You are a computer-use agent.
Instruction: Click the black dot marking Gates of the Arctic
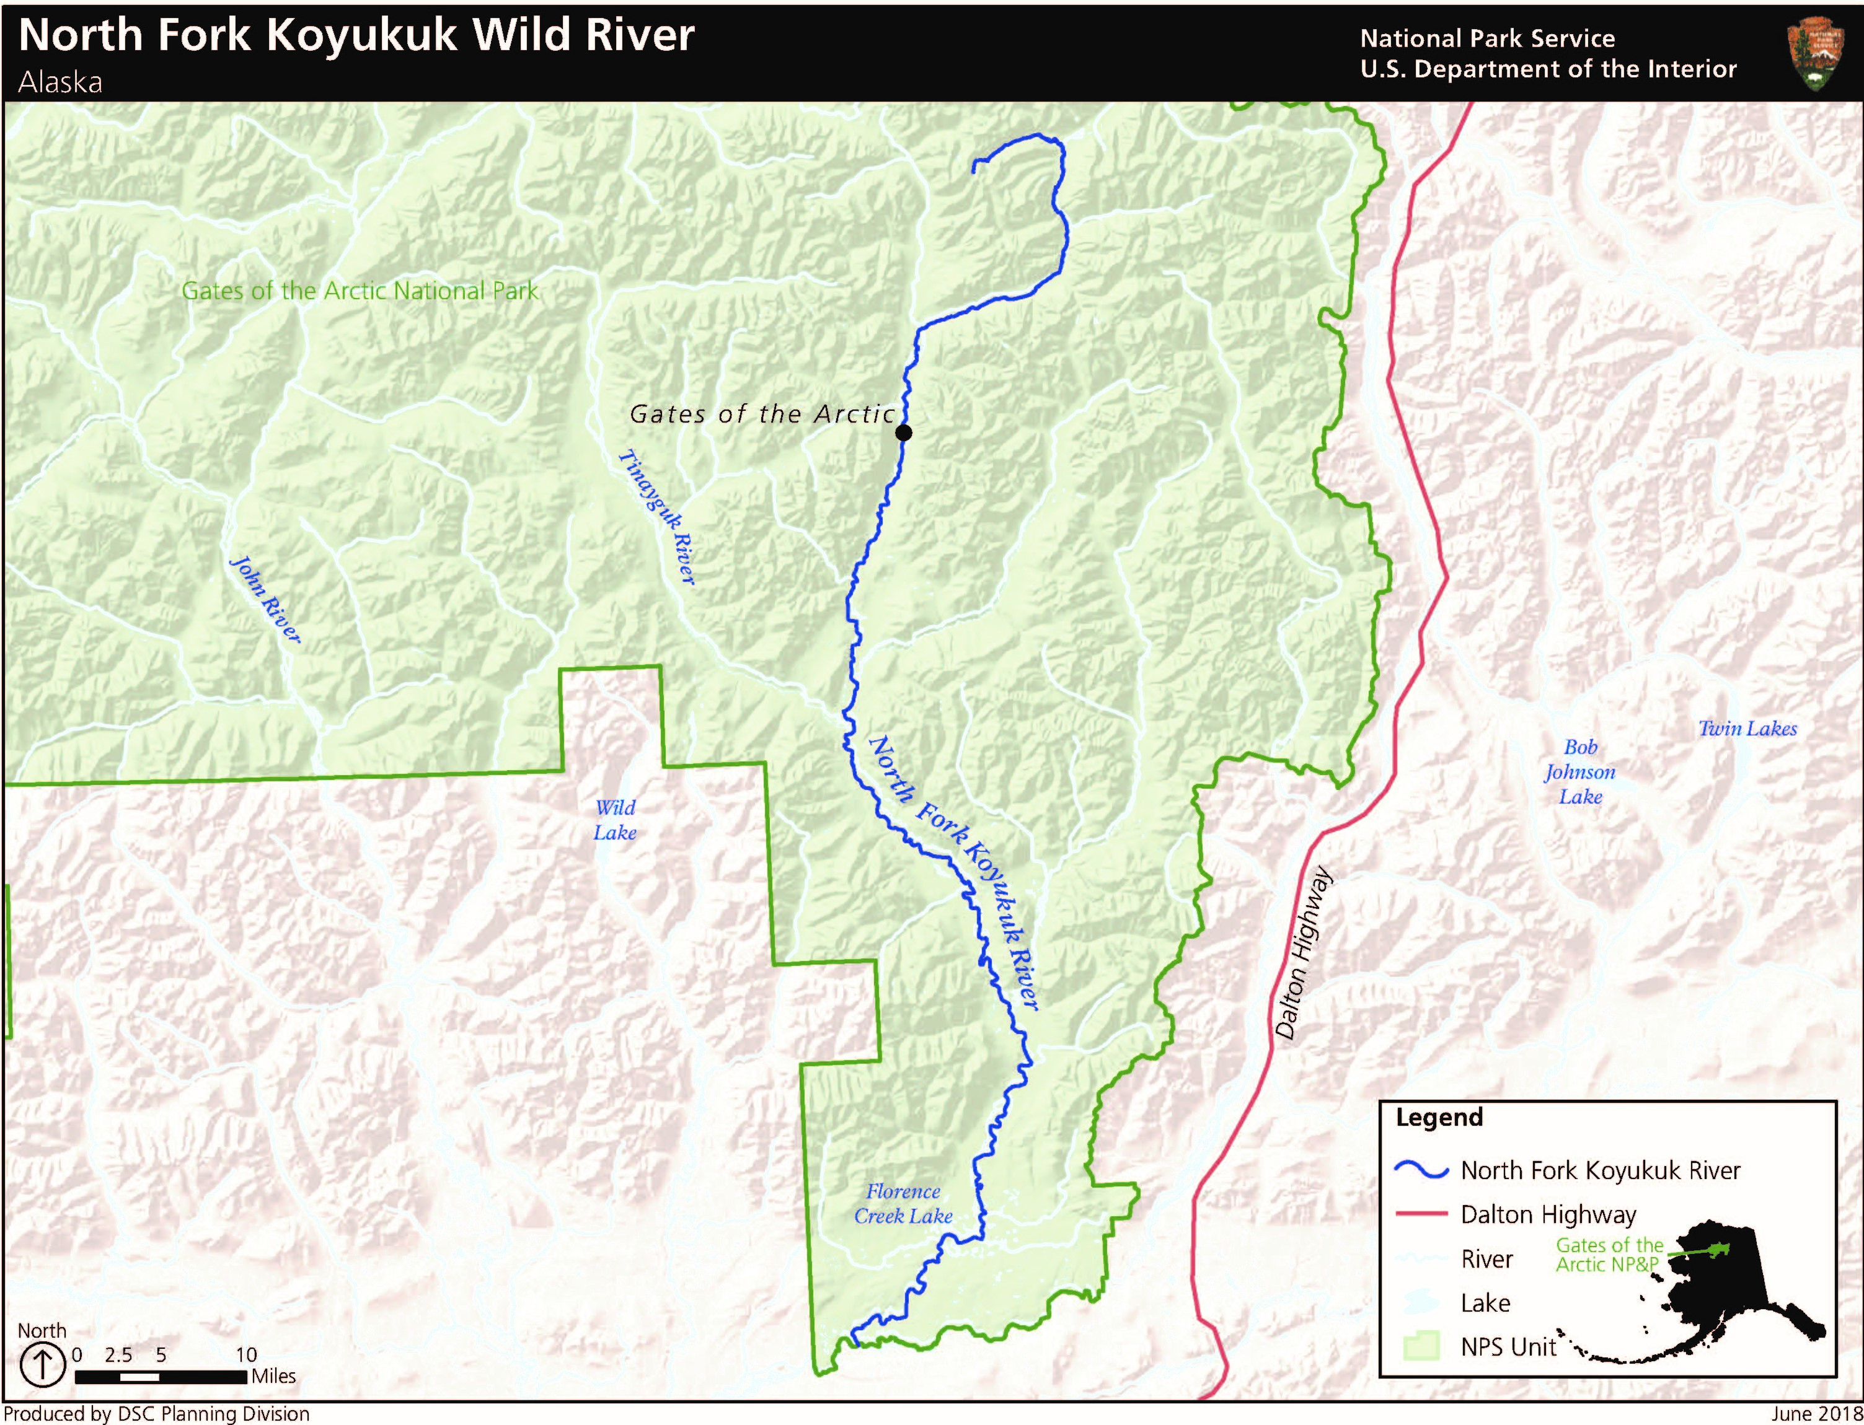[904, 432]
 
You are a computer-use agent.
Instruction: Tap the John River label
[265, 599]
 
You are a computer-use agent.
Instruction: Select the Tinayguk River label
[658, 517]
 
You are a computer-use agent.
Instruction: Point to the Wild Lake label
[615, 819]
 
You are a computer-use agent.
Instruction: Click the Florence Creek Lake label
[903, 1204]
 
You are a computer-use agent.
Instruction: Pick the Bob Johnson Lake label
[1579, 772]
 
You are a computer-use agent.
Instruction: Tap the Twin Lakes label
[1747, 729]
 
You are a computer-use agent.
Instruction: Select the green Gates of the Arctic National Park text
[360, 291]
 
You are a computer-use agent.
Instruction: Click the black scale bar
[161, 1377]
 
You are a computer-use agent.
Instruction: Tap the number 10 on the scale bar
[246, 1354]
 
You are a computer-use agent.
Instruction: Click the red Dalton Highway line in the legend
[1421, 1214]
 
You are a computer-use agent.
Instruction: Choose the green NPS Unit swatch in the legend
[1421, 1346]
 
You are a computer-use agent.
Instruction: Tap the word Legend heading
[1439, 1117]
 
